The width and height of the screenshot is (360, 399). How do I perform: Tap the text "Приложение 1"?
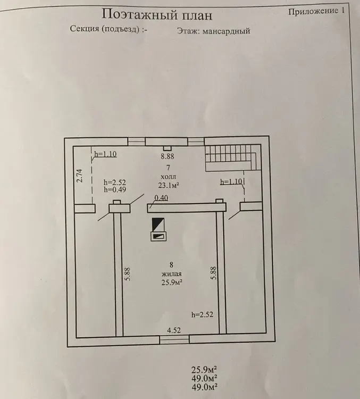[320, 11]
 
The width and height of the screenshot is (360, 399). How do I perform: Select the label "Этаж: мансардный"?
[213, 31]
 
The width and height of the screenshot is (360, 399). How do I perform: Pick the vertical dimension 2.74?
[79, 176]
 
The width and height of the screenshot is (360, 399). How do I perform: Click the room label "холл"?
[167, 177]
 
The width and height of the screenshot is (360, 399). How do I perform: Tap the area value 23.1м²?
[168, 186]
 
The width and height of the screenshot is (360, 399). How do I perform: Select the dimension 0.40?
[160, 198]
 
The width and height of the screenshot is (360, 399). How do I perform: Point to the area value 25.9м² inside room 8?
[170, 282]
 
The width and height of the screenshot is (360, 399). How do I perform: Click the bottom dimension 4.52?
[174, 330]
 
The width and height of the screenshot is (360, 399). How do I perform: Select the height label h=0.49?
[114, 189]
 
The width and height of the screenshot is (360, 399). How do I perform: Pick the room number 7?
[168, 167]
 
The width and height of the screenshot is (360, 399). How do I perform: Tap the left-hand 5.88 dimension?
[128, 275]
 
